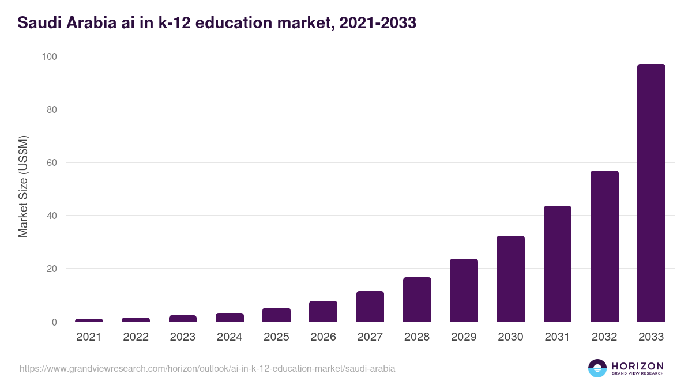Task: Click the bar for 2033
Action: [x=651, y=193]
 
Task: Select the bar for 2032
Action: [x=604, y=246]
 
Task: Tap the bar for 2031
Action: [x=557, y=264]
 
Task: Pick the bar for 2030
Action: [x=510, y=279]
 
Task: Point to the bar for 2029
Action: [x=464, y=290]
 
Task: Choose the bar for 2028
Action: [x=417, y=300]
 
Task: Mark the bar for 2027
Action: [x=370, y=307]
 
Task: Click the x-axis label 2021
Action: [x=89, y=337]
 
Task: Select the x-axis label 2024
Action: [x=230, y=337]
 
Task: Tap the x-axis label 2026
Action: [x=323, y=337]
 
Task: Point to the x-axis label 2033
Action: [x=651, y=337]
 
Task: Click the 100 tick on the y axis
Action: [x=49, y=56]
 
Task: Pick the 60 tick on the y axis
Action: [x=51, y=163]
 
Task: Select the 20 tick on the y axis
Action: [x=51, y=269]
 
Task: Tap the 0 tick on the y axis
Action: [x=54, y=322]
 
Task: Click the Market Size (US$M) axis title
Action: [x=23, y=186]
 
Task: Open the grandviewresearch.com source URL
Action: [x=208, y=368]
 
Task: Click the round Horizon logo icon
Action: [x=597, y=368]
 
